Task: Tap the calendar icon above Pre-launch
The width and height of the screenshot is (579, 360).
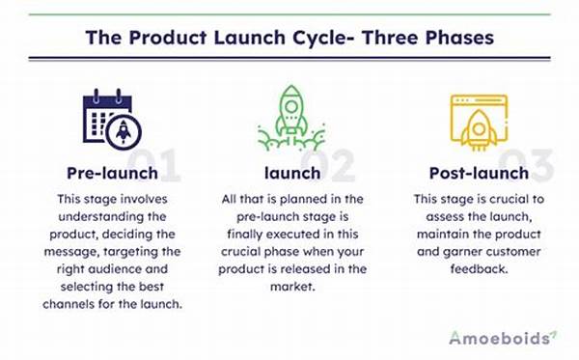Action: coord(107,119)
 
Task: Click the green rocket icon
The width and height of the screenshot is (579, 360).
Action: coord(290,118)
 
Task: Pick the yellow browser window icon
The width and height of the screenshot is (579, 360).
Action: coord(478,119)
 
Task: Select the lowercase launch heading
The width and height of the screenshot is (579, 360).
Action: coord(290,174)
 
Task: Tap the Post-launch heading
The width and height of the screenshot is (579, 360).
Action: coord(478,174)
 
